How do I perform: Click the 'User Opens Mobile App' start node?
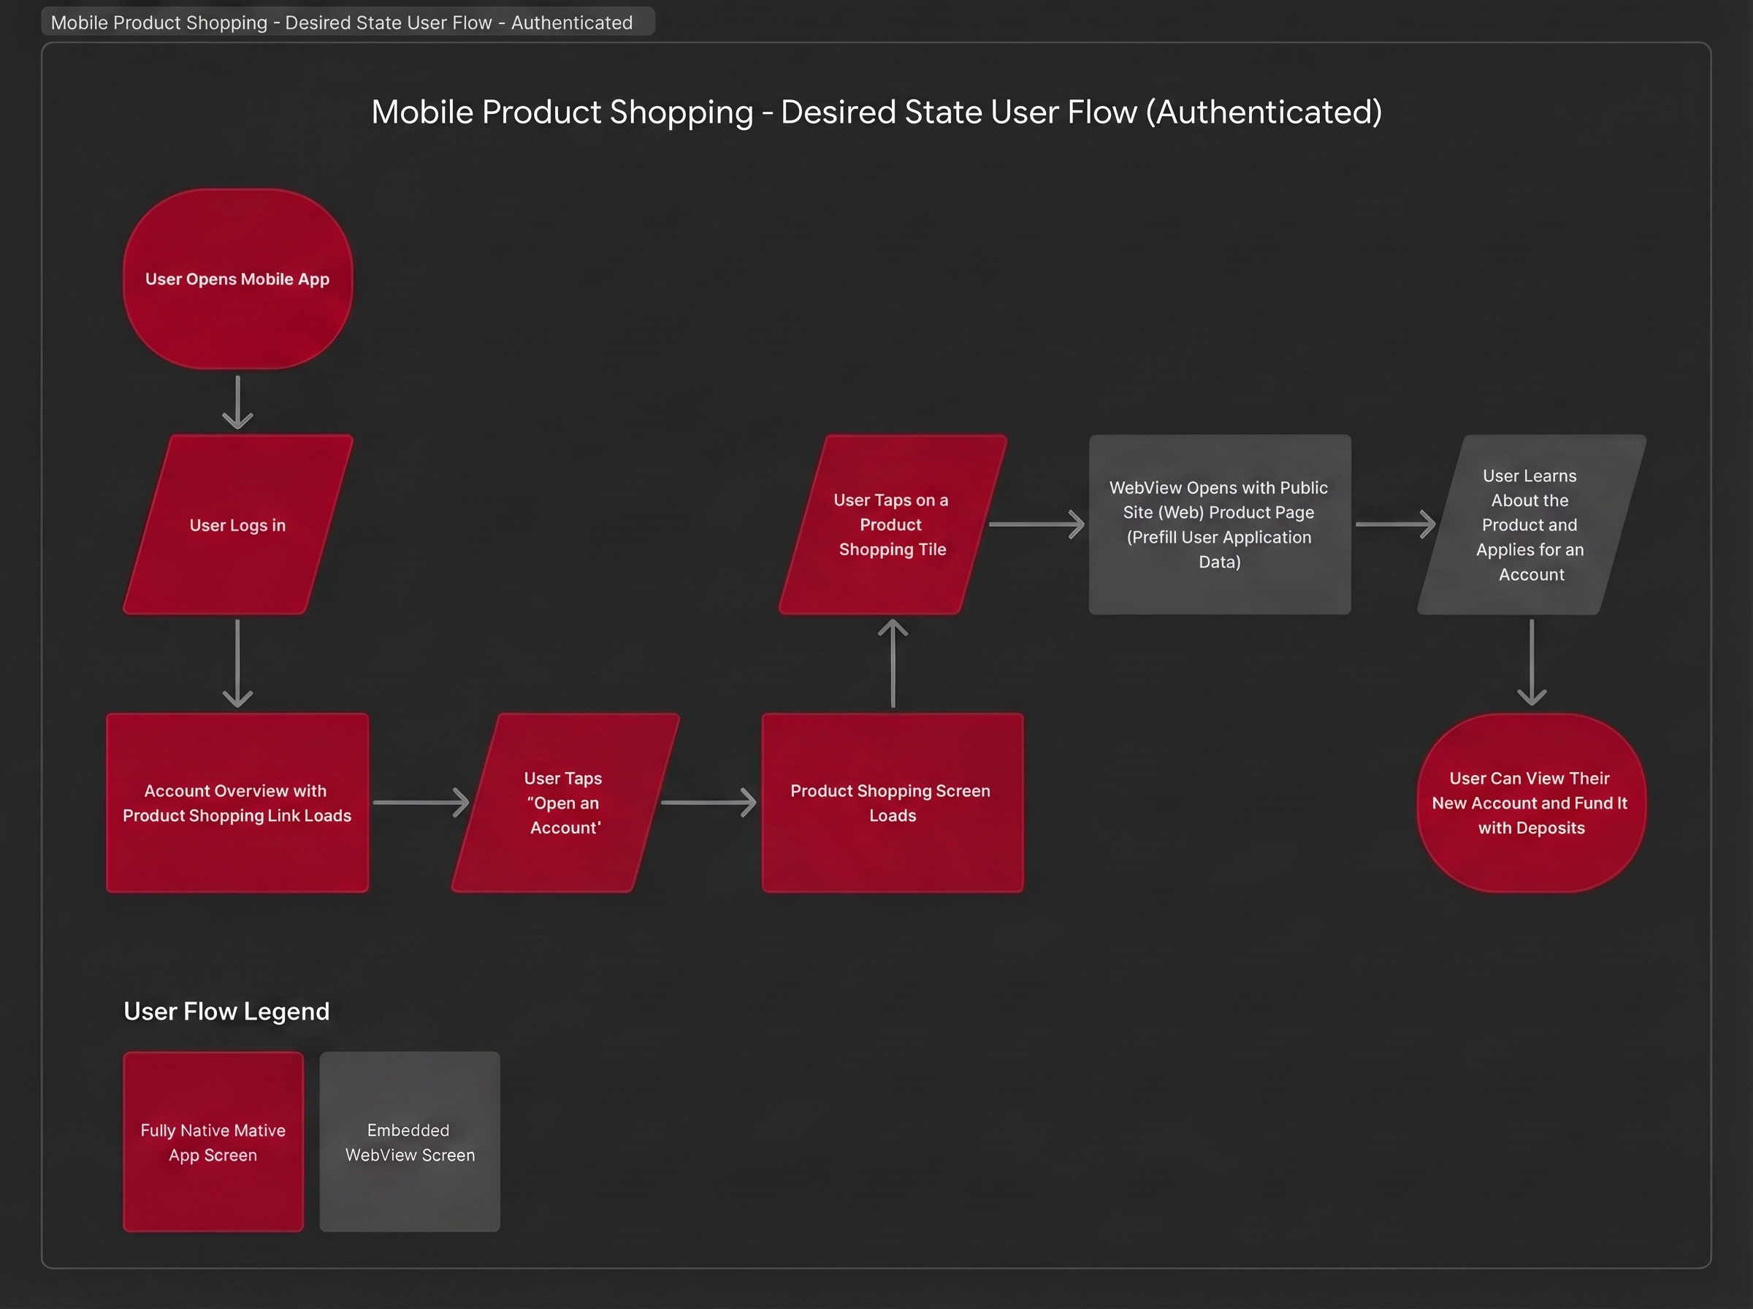[x=237, y=279]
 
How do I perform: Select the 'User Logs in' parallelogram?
[x=237, y=524]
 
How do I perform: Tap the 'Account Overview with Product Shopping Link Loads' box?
[x=237, y=803]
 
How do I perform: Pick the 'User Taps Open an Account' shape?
[x=565, y=803]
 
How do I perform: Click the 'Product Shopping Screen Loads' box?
[x=892, y=803]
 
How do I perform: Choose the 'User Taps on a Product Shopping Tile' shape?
[x=892, y=524]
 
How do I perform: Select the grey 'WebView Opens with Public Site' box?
[x=1219, y=524]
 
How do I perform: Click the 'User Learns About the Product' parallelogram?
[x=1530, y=524]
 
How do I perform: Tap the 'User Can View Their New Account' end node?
[x=1530, y=803]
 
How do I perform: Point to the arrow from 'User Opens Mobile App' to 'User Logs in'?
[x=237, y=402]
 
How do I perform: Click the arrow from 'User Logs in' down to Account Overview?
[x=237, y=663]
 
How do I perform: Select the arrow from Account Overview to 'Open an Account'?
[x=421, y=803]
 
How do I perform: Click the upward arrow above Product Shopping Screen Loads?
[x=893, y=663]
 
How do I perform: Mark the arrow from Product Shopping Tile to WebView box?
[x=1036, y=524]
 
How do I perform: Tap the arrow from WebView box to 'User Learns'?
[x=1395, y=524]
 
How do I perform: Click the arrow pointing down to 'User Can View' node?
[x=1531, y=663]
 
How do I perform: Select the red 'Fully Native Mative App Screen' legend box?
[x=213, y=1142]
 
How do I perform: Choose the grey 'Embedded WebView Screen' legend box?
[x=410, y=1142]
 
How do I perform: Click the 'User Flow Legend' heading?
[x=226, y=1011]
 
